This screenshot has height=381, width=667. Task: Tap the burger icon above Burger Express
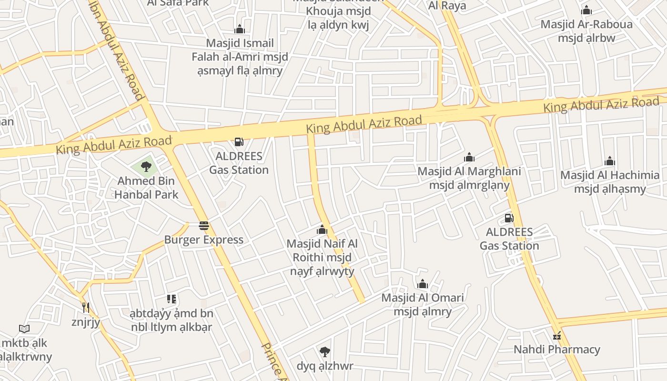204,226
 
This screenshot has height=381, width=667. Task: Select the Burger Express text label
204,240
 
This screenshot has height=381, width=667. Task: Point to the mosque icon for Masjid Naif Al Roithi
322,230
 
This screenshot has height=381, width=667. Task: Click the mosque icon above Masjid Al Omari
422,284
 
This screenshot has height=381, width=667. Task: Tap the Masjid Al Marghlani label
469,178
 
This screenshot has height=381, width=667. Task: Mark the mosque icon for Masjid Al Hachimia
609,161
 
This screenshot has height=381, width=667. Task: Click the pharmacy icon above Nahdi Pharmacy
556,335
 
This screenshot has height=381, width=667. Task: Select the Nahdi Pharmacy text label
556,350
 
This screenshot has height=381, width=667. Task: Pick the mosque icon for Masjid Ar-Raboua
586,10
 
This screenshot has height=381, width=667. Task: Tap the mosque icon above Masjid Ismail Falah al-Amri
240,29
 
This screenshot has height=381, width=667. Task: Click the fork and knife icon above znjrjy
86,308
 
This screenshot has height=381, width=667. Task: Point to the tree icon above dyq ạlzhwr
325,352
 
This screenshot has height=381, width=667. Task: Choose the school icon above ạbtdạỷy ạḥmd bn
172,299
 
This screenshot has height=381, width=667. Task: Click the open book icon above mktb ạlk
24,329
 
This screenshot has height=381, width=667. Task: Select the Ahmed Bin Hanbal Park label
146,188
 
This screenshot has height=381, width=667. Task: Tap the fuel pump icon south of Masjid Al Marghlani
509,218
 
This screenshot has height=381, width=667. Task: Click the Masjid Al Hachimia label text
610,182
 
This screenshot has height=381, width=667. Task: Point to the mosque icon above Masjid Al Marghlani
469,157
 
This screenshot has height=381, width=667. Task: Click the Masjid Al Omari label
422,305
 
